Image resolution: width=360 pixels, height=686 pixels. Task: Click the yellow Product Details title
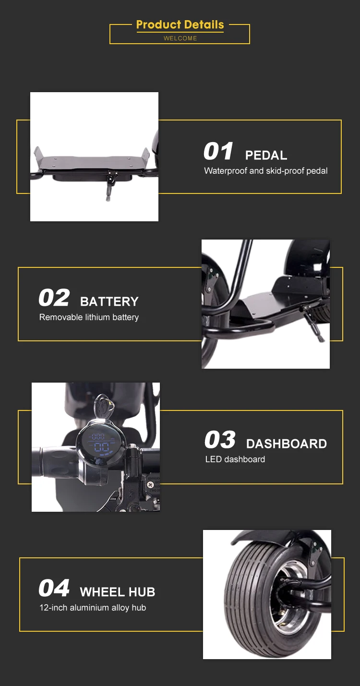(x=180, y=24)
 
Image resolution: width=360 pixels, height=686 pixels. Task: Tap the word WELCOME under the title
(x=180, y=38)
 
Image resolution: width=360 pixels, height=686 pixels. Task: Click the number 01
(x=218, y=151)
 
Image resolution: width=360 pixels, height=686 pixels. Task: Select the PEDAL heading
(x=266, y=155)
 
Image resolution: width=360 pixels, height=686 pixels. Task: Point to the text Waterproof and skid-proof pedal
(x=266, y=171)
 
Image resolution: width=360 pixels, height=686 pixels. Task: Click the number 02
(x=54, y=298)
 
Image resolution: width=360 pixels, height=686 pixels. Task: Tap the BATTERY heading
(x=109, y=301)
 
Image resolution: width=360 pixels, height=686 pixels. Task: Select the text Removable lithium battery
(x=89, y=317)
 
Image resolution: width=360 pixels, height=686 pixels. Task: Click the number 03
(x=220, y=440)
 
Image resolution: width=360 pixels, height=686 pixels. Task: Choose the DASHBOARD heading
(x=287, y=444)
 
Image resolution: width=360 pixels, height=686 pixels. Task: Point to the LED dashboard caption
(x=235, y=459)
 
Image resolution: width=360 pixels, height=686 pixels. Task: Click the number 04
(x=54, y=588)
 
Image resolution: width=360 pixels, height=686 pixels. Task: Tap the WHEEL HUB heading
(x=118, y=592)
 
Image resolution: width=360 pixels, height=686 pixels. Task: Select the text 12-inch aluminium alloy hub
(x=93, y=608)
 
